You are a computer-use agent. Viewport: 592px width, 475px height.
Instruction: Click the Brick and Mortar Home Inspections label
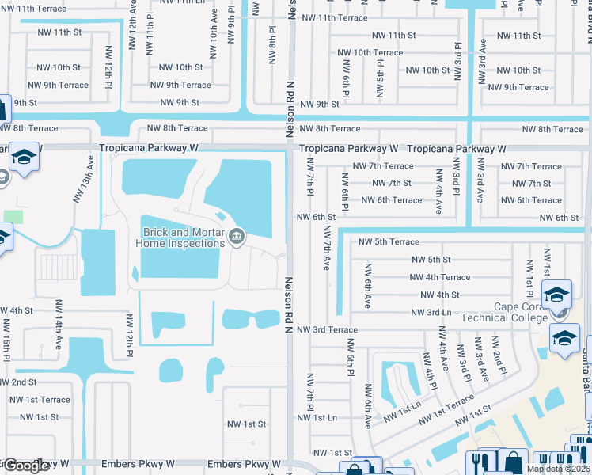[x=180, y=237]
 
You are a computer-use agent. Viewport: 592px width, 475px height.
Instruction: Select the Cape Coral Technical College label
[x=520, y=313]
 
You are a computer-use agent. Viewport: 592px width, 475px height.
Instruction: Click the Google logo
[x=26, y=465]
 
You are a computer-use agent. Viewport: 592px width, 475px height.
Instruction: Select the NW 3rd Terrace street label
[x=327, y=329]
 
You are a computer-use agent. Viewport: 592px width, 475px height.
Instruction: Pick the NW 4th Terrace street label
[x=439, y=277]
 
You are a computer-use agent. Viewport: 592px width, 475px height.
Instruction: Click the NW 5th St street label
[x=431, y=260]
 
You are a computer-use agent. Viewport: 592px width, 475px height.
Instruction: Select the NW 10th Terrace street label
[x=370, y=52]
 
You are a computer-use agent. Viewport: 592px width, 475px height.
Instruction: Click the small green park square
[x=13, y=216]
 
